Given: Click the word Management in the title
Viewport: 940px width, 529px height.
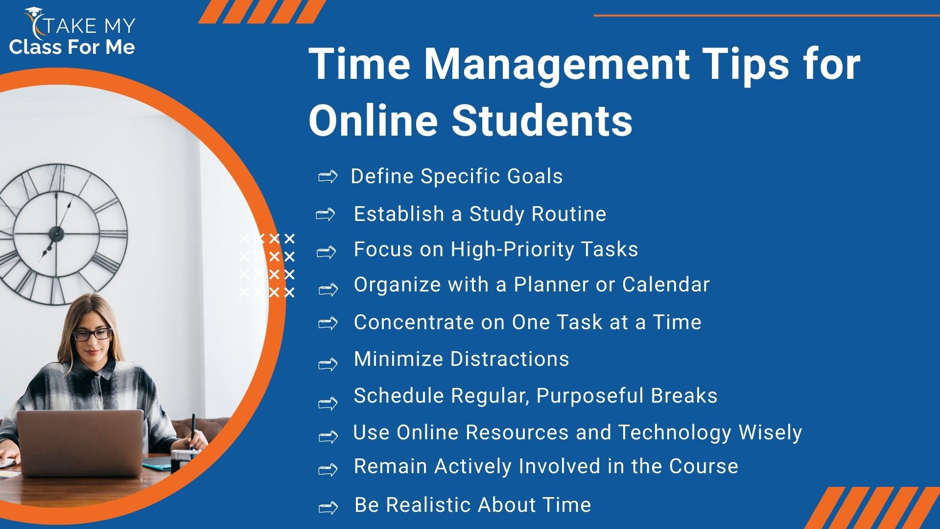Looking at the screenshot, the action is coord(556,65).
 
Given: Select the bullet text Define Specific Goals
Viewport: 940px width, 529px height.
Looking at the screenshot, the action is coord(457,176).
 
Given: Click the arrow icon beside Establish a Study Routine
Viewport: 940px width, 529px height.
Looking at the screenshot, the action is coord(326,215).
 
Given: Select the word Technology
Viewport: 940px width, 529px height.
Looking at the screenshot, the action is coord(675,433).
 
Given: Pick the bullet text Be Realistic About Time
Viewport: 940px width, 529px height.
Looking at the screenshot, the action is coord(472,505).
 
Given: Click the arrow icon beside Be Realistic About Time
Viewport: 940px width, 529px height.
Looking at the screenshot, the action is coord(328,507).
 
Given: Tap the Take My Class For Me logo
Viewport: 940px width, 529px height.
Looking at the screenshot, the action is coord(72,31).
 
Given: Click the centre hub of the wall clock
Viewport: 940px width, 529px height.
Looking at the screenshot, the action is coord(56,234).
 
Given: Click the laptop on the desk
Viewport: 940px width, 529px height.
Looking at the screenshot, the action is coord(80,442).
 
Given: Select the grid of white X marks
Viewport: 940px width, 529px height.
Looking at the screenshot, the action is coord(267,265).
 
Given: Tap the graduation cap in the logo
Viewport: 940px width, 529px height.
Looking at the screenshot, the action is coord(33,12).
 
